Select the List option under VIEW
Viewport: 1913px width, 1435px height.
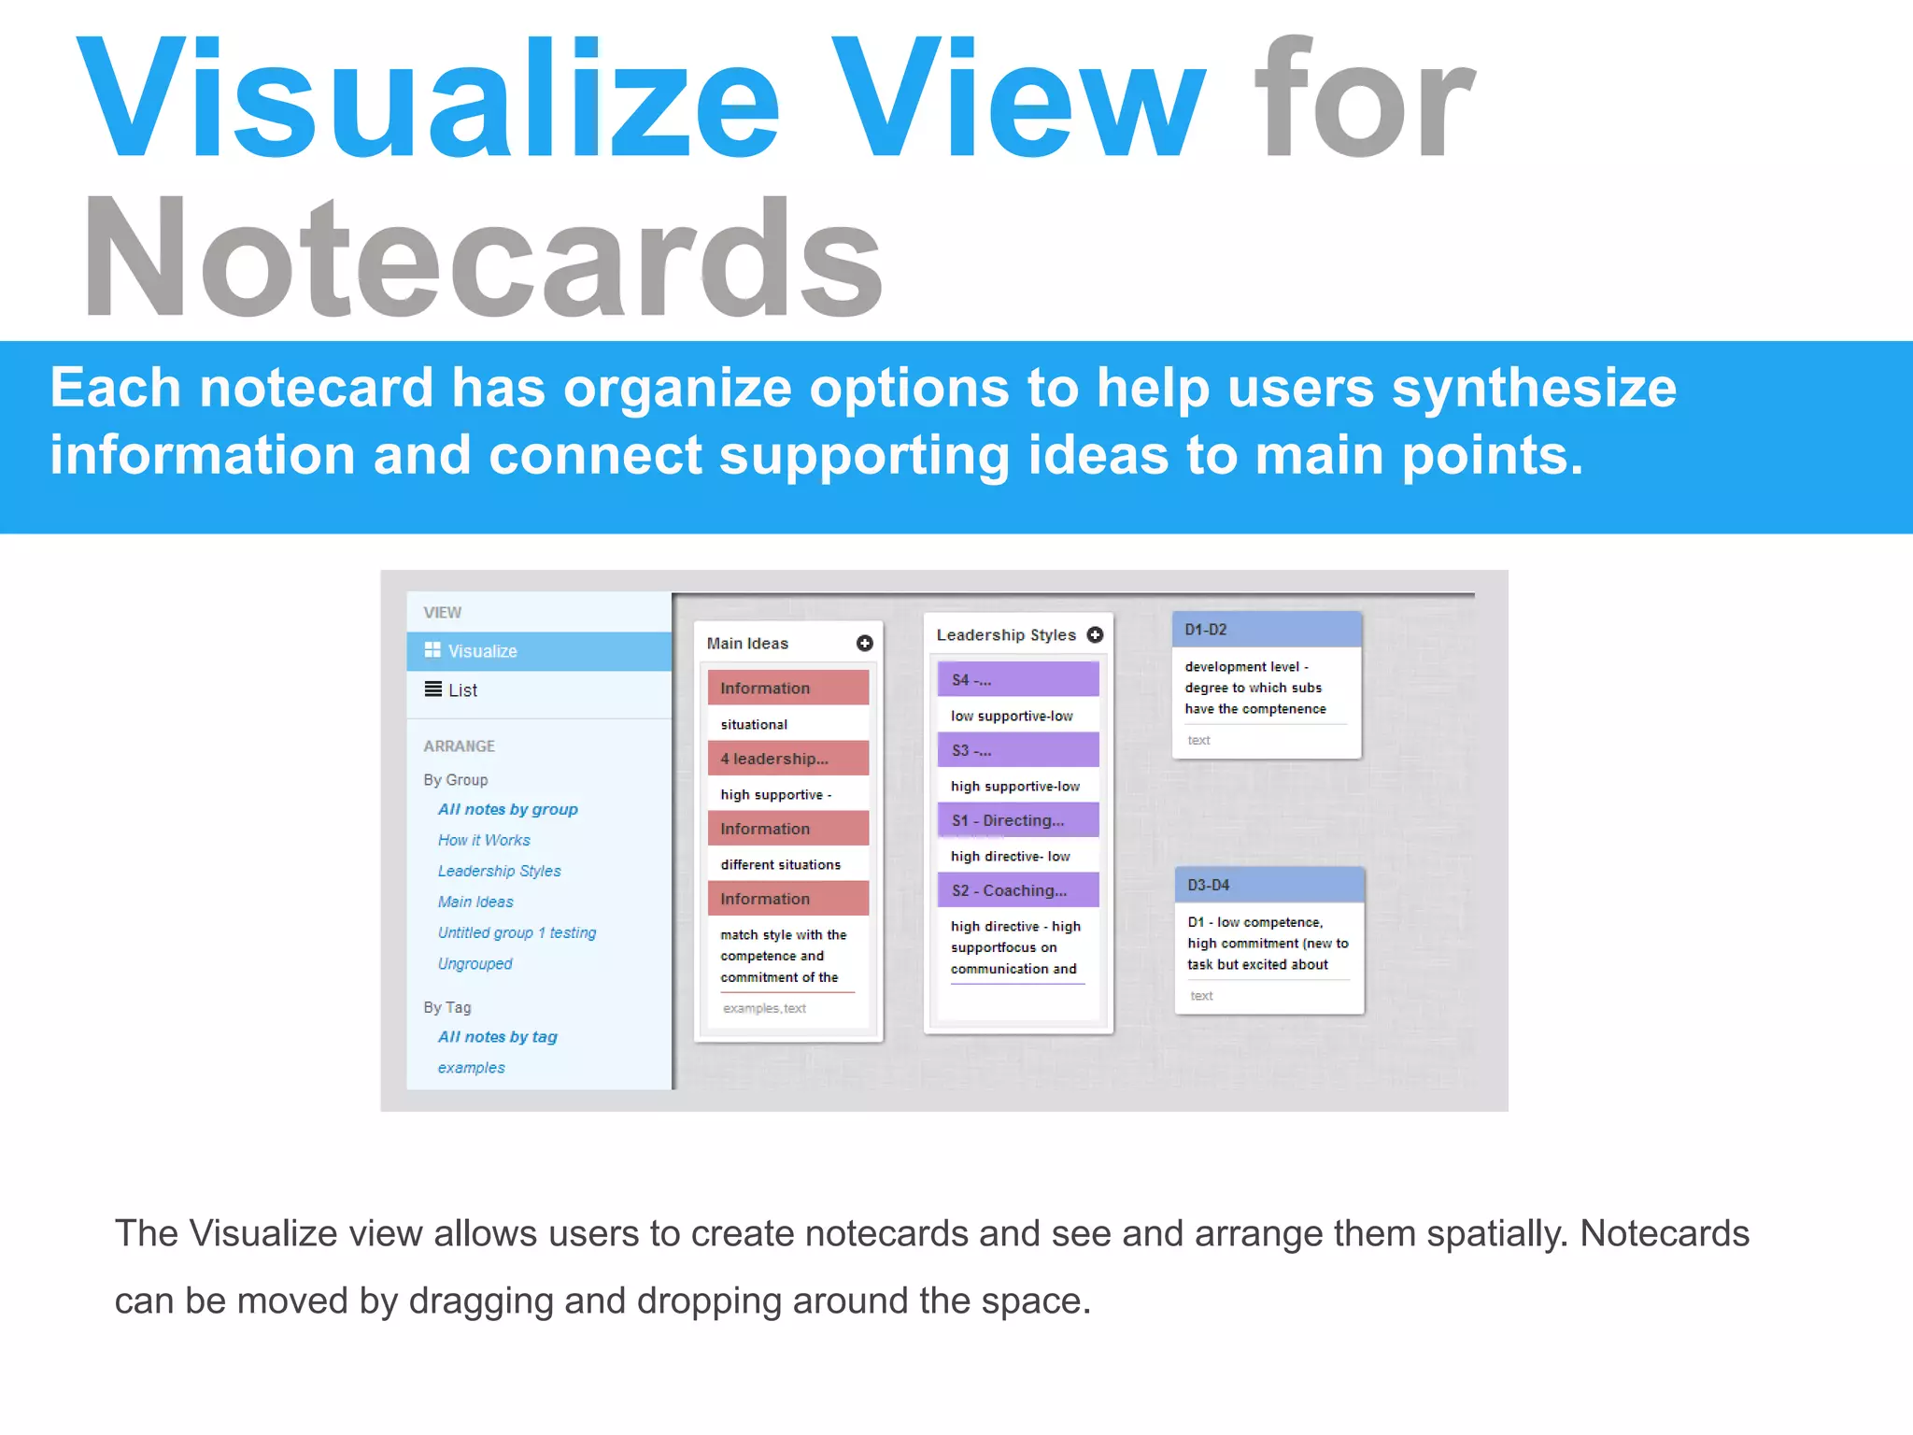coord(462,690)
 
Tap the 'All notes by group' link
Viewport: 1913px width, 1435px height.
coord(507,809)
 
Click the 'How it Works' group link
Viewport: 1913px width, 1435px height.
coord(484,840)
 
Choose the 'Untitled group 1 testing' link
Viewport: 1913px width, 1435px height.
coord(517,932)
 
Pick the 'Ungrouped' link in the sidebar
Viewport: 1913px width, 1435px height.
coord(475,963)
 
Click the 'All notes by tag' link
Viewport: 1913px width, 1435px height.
coord(497,1037)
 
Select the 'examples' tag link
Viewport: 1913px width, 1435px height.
coord(471,1068)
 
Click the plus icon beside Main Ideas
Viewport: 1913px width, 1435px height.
coord(864,643)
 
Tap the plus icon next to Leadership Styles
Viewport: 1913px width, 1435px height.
coord(1095,634)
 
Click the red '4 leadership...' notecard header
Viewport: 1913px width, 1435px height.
coord(787,759)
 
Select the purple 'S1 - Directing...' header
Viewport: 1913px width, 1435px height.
coord(1017,820)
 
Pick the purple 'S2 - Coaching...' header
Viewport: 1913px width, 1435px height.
coord(1017,890)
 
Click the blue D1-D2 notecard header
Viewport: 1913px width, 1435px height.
coord(1266,630)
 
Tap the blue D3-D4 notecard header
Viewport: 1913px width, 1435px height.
coord(1268,885)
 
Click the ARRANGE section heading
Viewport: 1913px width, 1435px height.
coord(459,746)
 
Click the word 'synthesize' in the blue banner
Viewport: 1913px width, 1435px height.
coord(1534,389)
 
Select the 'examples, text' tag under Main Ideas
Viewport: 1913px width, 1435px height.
coord(764,1009)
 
